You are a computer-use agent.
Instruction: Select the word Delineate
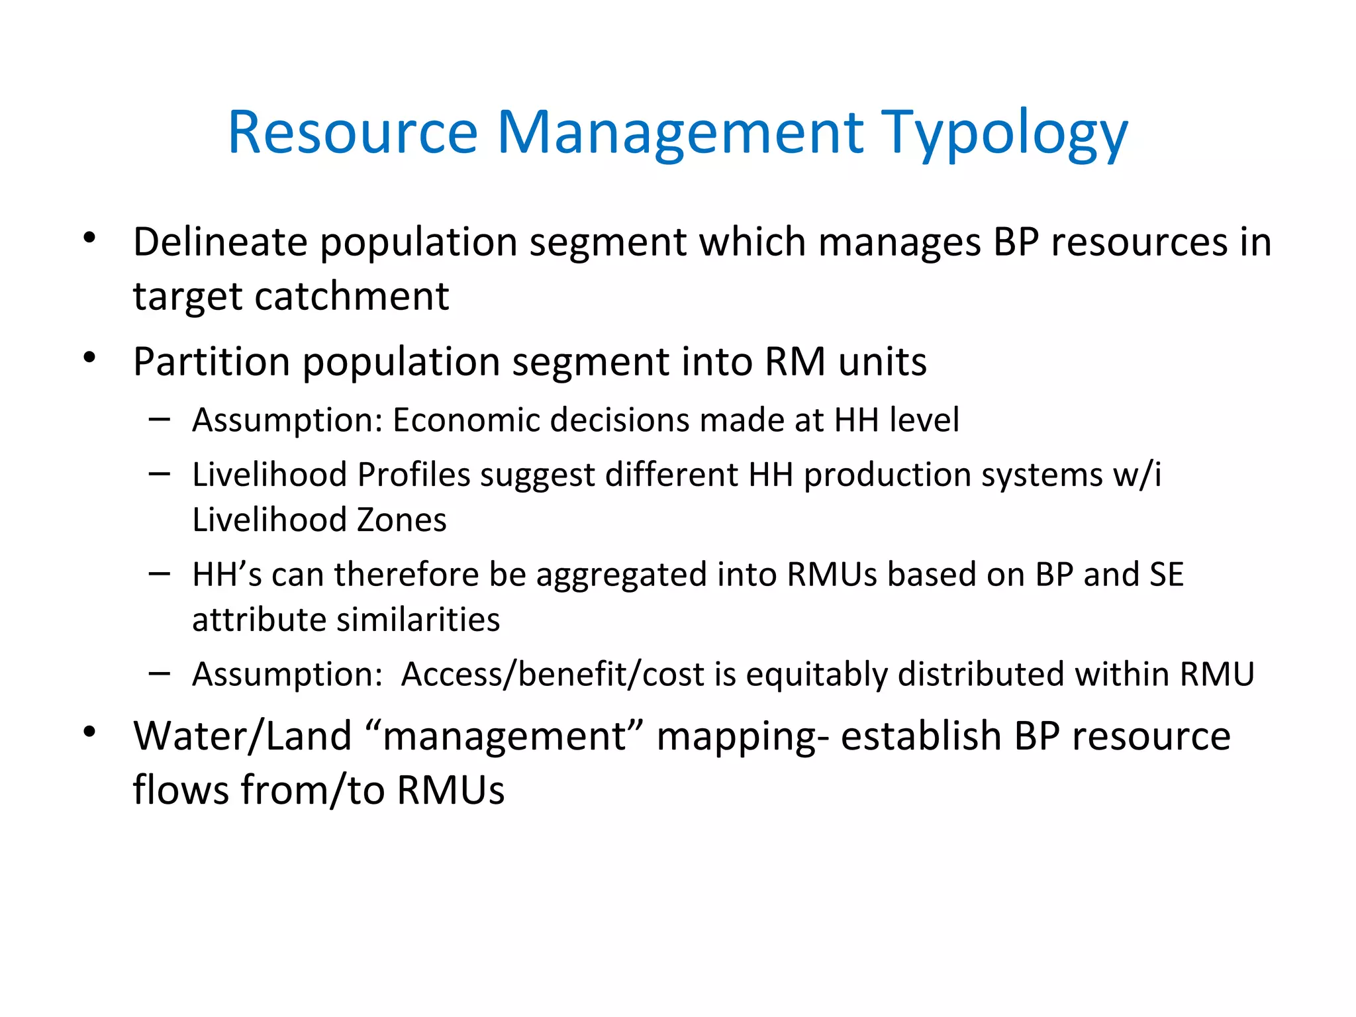220,242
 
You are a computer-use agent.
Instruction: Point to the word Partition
211,362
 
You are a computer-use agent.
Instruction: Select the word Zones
401,520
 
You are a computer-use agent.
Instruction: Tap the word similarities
418,620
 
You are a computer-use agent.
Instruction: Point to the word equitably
816,675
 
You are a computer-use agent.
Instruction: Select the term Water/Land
242,736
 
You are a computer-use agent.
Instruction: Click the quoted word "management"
505,736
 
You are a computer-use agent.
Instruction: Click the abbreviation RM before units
795,362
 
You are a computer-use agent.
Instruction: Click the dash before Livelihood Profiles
160,474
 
